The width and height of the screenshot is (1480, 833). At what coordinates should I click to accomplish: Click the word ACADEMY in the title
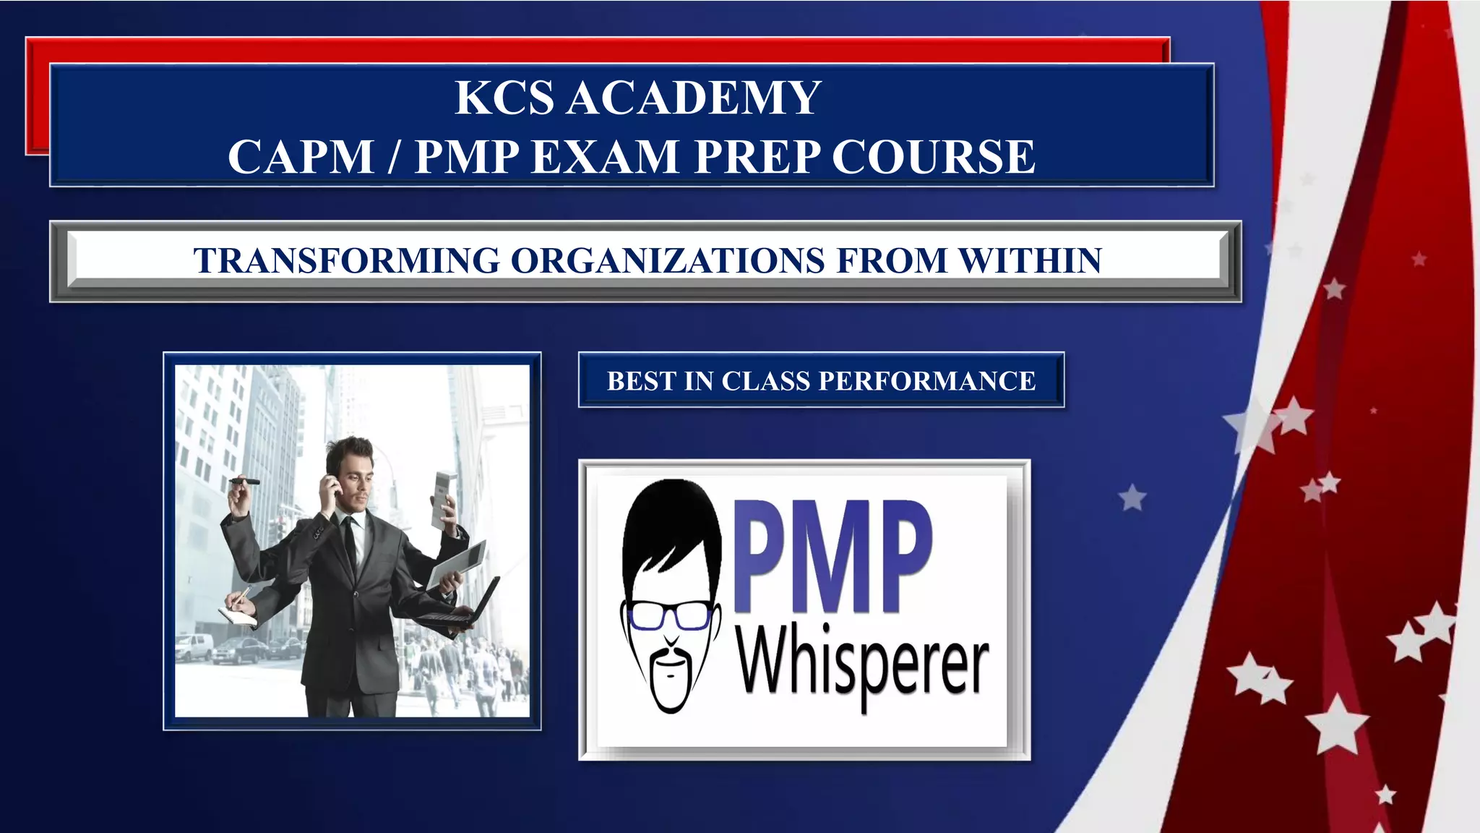694,98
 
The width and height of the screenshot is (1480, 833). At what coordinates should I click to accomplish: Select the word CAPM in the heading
301,157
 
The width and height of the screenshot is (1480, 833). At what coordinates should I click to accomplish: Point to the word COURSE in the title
934,157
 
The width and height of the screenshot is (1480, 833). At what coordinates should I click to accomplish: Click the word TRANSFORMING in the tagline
346,261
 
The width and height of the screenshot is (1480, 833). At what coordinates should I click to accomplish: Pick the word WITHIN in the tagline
1030,261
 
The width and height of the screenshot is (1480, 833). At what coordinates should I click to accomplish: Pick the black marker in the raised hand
244,482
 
